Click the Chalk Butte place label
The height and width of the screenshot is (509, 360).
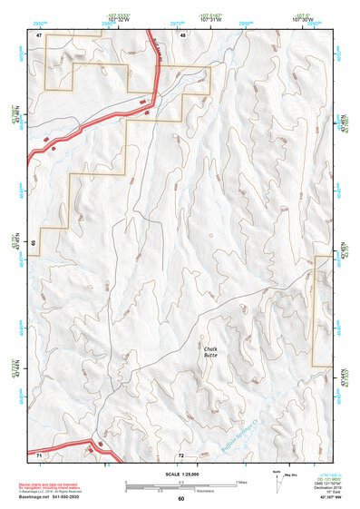tap(211, 352)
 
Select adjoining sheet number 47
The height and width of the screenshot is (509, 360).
tap(40, 34)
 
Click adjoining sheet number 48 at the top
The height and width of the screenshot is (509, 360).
tap(183, 34)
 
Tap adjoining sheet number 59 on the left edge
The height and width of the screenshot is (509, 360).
tap(34, 243)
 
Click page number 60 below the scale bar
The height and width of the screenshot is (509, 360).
tap(180, 499)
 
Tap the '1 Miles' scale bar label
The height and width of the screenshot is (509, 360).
tap(240, 481)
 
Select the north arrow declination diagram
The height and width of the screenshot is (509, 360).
tap(278, 478)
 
